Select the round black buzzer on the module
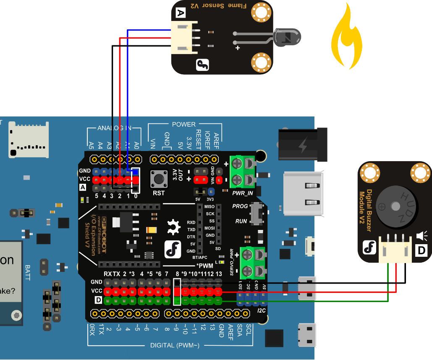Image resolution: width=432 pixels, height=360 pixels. [x=395, y=206]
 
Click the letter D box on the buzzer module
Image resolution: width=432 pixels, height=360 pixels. [x=422, y=251]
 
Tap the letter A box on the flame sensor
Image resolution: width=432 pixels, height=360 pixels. [x=181, y=13]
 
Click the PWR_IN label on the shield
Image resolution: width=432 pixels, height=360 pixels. [x=243, y=193]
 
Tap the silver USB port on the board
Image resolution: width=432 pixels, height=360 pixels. [x=302, y=193]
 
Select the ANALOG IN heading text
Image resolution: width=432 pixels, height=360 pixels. [x=114, y=128]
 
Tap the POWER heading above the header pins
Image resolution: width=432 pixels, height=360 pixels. [x=183, y=124]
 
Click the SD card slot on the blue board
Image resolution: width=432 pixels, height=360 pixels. [x=29, y=140]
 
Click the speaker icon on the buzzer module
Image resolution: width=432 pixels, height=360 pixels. [x=421, y=236]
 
